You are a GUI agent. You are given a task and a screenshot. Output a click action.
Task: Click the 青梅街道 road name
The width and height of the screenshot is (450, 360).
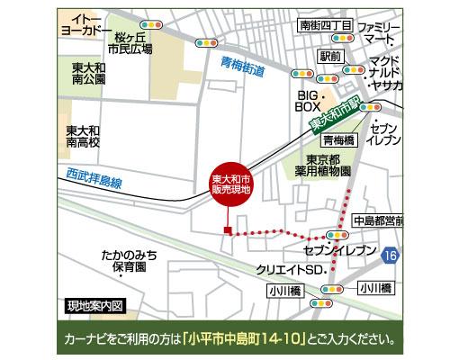(244, 65)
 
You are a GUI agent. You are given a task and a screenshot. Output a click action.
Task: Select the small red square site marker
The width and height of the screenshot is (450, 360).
(229, 233)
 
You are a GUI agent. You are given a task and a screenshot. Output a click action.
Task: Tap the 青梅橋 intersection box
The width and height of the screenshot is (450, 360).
(339, 140)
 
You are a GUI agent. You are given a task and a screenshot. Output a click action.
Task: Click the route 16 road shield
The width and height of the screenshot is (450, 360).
(389, 256)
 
